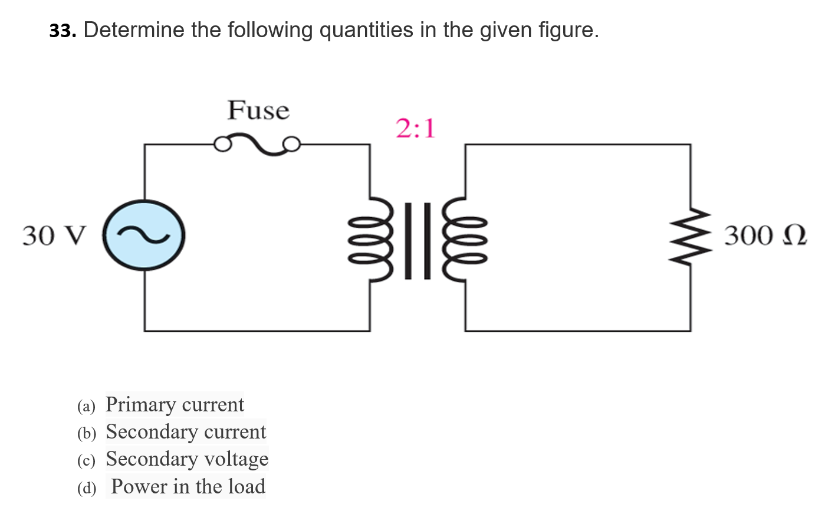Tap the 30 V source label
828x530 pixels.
click(54, 235)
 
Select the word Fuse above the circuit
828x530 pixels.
click(258, 110)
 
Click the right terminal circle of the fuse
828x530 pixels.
click(292, 144)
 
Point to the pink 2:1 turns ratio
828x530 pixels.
click(415, 128)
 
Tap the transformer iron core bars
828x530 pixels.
click(418, 240)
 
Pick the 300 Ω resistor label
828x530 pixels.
click(765, 235)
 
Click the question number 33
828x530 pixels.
click(63, 31)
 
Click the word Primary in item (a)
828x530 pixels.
click(140, 405)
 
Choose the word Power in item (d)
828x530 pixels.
click(139, 487)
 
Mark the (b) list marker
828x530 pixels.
click(87, 433)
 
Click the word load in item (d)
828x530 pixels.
click(247, 487)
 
